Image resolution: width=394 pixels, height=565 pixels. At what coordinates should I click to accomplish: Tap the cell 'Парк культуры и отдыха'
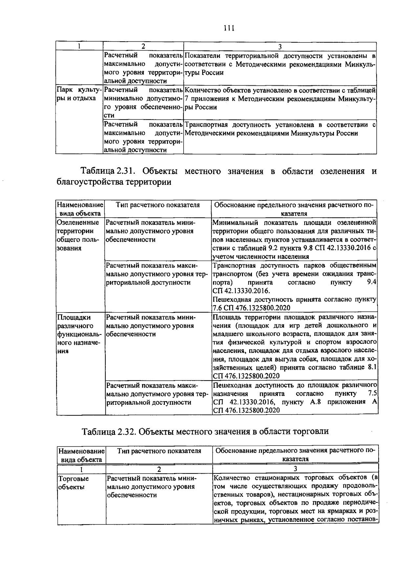79,94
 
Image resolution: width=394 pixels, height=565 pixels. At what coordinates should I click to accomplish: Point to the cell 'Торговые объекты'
73,483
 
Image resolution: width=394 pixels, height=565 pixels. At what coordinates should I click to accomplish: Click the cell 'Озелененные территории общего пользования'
78,235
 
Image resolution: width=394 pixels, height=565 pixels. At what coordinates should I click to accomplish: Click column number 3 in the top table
280,46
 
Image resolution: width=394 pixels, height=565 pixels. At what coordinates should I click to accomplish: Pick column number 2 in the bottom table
159,468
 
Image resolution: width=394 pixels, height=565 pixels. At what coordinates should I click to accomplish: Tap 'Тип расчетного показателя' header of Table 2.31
158,205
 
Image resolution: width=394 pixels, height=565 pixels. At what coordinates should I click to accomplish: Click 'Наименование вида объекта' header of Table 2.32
81,455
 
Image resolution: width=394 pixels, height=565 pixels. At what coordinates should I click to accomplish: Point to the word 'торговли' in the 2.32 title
311,431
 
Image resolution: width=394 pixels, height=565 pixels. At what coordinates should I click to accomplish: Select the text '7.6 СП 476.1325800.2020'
252,308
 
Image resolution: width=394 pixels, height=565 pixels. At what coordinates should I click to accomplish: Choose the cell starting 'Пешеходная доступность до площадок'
294,397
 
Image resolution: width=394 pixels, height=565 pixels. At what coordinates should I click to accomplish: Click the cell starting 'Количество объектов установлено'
280,98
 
